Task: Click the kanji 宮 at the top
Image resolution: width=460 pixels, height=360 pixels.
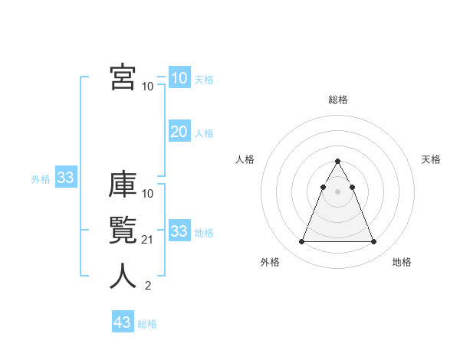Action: pos(122,77)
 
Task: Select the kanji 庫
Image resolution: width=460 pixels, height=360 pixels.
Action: pos(122,185)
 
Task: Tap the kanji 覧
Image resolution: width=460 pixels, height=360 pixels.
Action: pos(122,231)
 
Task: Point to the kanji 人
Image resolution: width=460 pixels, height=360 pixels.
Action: pos(122,277)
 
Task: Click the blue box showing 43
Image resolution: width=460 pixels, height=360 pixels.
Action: pos(123,322)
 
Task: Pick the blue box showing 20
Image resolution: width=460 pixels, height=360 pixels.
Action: pos(179,132)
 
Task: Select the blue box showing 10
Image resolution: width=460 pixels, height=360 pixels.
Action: pos(179,78)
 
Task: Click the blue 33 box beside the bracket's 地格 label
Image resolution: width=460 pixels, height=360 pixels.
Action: pos(179,231)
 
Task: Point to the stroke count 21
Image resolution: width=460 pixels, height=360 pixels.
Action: pos(148,240)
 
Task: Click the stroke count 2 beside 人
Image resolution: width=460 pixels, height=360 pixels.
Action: pos(148,286)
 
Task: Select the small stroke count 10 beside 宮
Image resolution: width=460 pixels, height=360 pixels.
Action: pos(148,86)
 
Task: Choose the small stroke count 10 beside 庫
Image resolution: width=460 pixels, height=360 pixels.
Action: pos(148,193)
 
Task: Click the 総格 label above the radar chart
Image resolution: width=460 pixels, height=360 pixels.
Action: pos(337,100)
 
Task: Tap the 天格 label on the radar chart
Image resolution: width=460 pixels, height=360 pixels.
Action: pos(432,159)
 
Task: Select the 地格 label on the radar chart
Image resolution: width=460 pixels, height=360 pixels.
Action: pos(402,262)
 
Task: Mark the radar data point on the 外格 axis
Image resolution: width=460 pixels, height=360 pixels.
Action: pos(301,242)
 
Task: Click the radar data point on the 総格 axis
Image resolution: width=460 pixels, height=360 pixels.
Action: pos(337,162)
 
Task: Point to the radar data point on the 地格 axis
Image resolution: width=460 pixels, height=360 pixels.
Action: pos(373,242)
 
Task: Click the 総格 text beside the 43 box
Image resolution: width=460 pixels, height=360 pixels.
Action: pos(147,324)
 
